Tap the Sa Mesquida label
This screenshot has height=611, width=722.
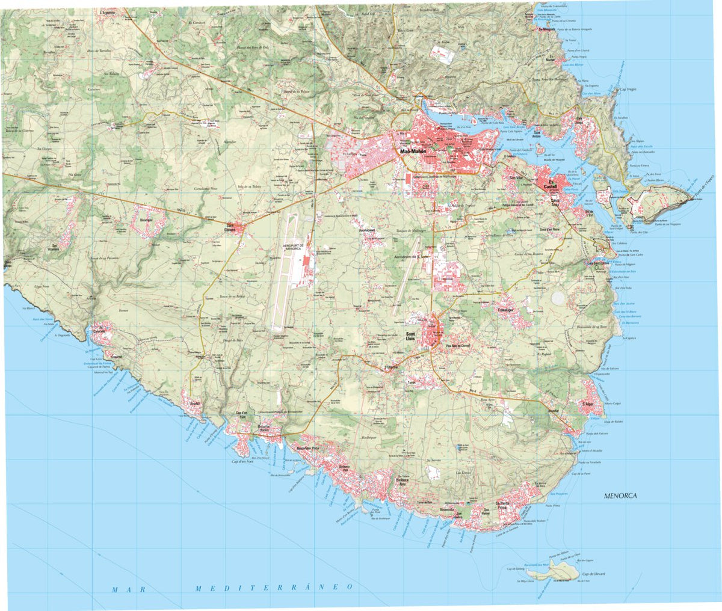pyautogui.click(x=546, y=28)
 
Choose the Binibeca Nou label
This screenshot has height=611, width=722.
pyautogui.click(x=401, y=481)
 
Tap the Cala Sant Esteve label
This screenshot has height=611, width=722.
pyautogui.click(x=599, y=262)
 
